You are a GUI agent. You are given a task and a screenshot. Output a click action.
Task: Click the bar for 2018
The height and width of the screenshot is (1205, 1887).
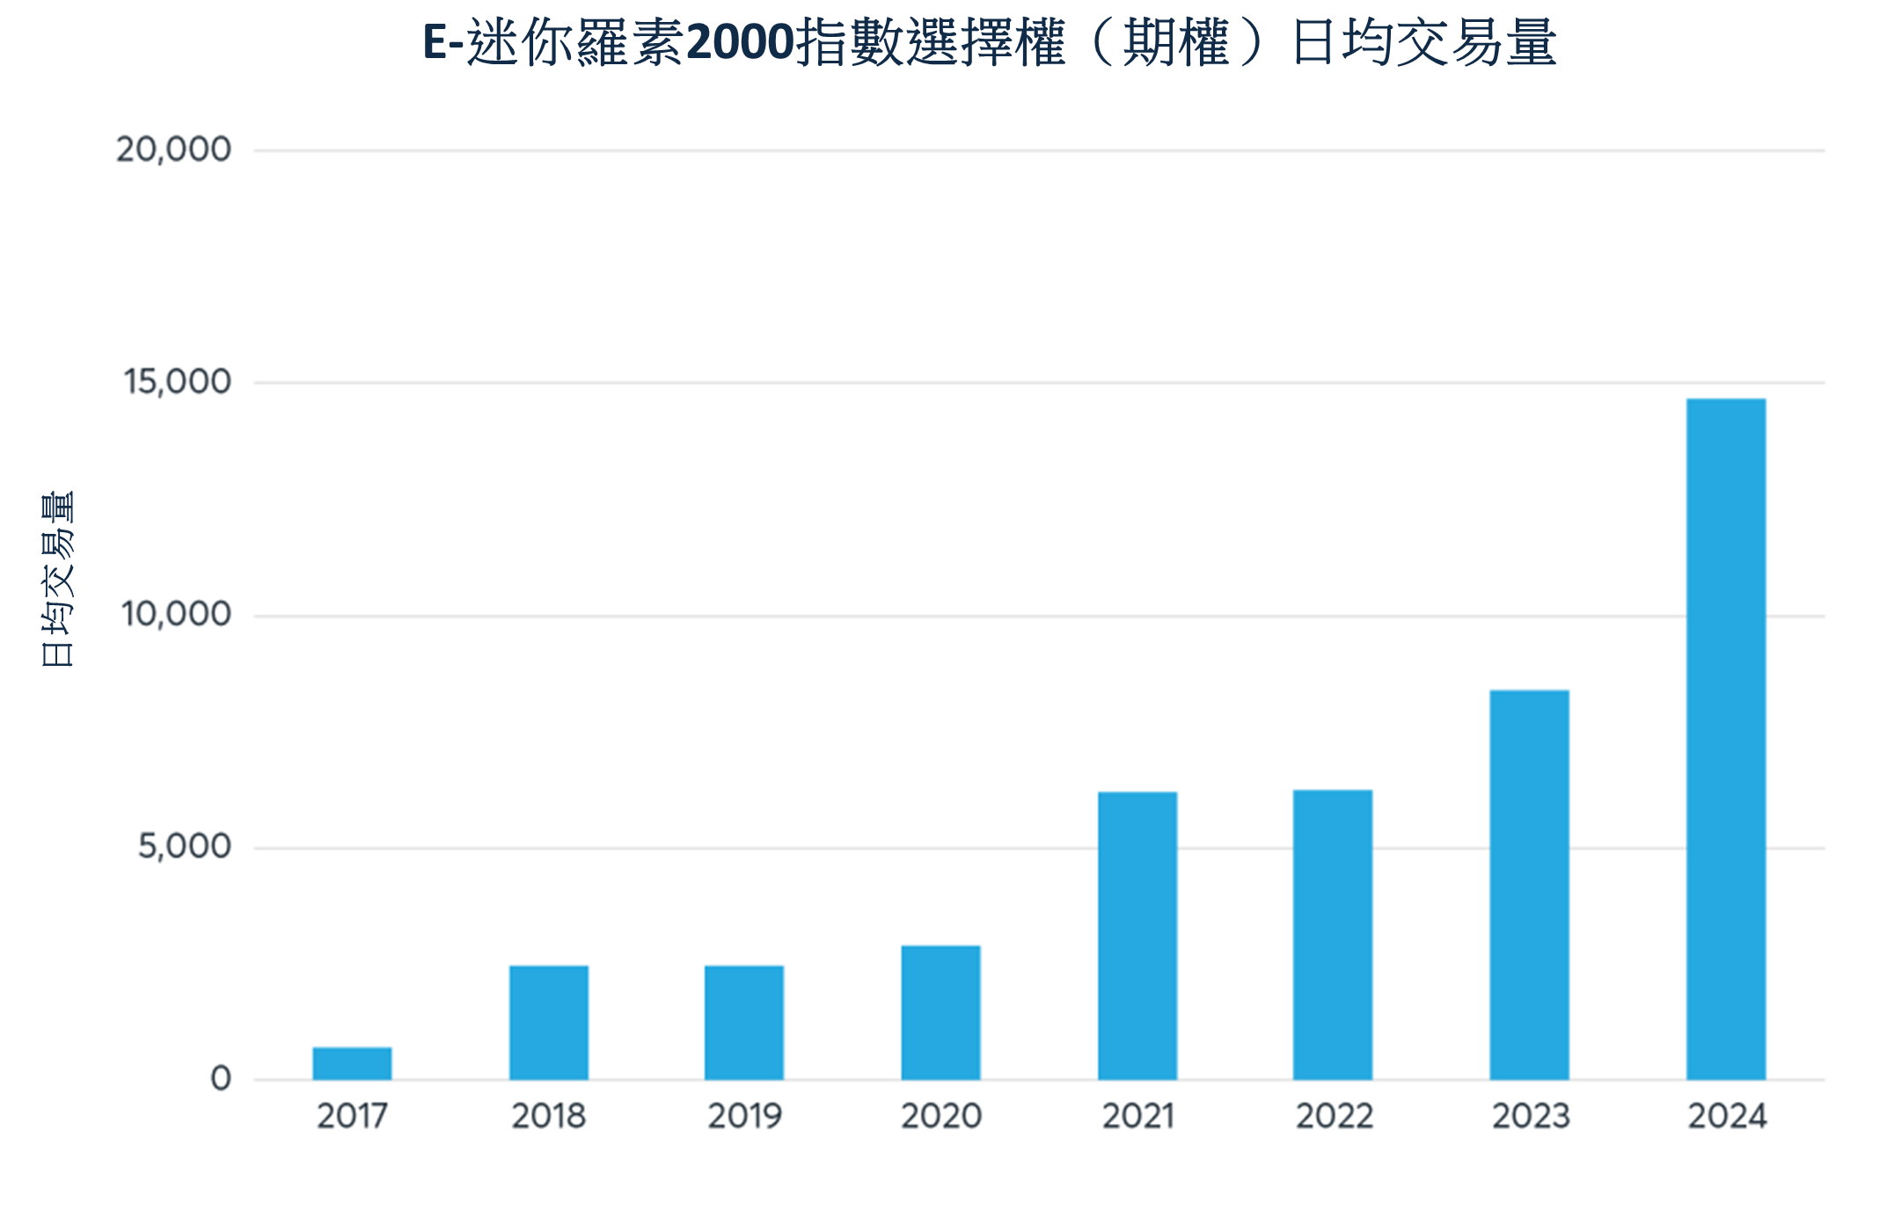pyautogui.click(x=548, y=1022)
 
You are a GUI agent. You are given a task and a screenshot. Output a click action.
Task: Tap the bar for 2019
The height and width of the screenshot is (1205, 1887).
pyautogui.click(x=743, y=1022)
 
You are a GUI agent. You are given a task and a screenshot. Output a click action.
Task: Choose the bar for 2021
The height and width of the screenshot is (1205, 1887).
pyautogui.click(x=1137, y=935)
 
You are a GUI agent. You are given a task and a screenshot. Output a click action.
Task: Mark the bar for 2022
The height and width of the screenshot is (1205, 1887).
pyautogui.click(x=1332, y=934)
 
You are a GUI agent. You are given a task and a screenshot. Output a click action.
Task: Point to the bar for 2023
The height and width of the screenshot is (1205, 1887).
pyautogui.click(x=1529, y=884)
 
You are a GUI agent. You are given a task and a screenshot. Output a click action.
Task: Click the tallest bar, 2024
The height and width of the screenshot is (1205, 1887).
pyautogui.click(x=1725, y=739)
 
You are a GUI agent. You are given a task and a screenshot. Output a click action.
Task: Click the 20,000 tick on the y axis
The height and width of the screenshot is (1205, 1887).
pyautogui.click(x=173, y=150)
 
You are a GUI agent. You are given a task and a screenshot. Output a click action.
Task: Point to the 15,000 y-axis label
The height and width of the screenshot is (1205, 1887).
pyautogui.click(x=177, y=382)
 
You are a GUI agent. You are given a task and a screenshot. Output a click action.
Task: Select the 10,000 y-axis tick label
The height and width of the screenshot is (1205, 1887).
pyautogui.click(x=176, y=614)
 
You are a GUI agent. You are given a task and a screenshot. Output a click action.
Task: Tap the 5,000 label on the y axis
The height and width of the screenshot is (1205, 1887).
pyautogui.click(x=184, y=846)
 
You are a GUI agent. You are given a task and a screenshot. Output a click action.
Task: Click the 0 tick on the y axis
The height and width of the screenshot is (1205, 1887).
pyautogui.click(x=221, y=1078)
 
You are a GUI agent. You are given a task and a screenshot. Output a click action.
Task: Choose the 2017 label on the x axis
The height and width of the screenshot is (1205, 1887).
pyautogui.click(x=352, y=1116)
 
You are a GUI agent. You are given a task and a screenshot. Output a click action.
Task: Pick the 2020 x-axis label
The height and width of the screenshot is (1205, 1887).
pyautogui.click(x=940, y=1116)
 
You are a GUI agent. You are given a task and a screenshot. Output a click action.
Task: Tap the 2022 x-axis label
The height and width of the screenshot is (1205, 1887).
pyautogui.click(x=1334, y=1116)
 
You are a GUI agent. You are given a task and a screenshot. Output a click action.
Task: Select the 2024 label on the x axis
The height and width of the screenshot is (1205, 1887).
pyautogui.click(x=1726, y=1116)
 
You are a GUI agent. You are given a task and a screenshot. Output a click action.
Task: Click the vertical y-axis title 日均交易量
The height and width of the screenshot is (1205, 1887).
pyautogui.click(x=57, y=579)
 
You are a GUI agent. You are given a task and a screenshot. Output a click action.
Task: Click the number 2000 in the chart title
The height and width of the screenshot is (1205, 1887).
pyautogui.click(x=740, y=42)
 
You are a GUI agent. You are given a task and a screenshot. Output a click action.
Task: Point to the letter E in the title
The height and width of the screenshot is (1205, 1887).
pyautogui.click(x=435, y=42)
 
